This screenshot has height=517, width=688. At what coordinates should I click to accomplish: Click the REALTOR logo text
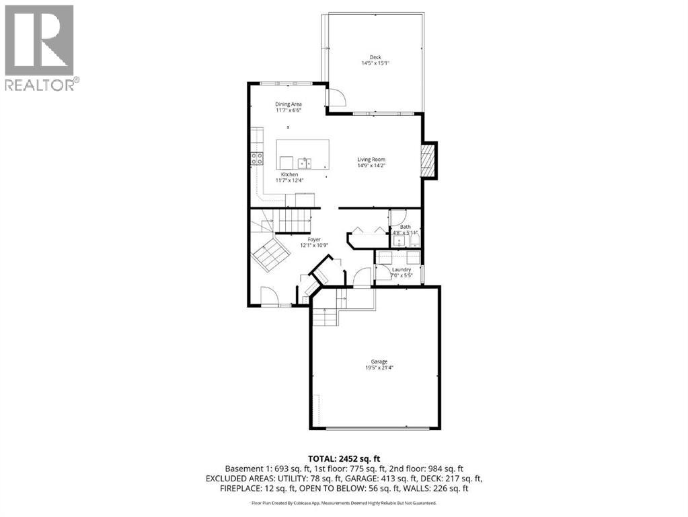click(42, 84)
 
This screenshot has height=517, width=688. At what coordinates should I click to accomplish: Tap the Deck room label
click(375, 57)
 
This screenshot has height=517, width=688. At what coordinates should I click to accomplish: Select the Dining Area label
click(289, 104)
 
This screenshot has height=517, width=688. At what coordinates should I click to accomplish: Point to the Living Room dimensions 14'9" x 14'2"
click(371, 165)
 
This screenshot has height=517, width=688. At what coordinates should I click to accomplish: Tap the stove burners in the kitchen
click(257, 159)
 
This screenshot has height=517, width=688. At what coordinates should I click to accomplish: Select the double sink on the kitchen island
click(305, 162)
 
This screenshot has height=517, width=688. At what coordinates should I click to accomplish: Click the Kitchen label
click(289, 174)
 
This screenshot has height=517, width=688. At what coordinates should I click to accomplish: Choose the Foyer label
click(314, 240)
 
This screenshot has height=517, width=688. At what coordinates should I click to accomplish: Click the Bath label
click(406, 227)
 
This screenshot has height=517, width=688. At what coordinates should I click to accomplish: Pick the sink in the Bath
click(399, 240)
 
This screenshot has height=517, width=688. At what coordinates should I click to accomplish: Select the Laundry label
click(401, 270)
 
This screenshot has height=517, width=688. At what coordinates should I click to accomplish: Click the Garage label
click(379, 361)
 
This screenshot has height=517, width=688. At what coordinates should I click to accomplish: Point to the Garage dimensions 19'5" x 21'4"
click(379, 368)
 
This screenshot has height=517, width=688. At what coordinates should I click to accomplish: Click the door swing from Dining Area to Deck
click(336, 98)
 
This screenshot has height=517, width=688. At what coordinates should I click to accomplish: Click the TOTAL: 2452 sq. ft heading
click(344, 458)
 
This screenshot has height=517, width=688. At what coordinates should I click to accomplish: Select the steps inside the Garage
click(325, 316)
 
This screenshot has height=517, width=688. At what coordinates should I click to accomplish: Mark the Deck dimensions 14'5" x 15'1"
click(375, 63)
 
